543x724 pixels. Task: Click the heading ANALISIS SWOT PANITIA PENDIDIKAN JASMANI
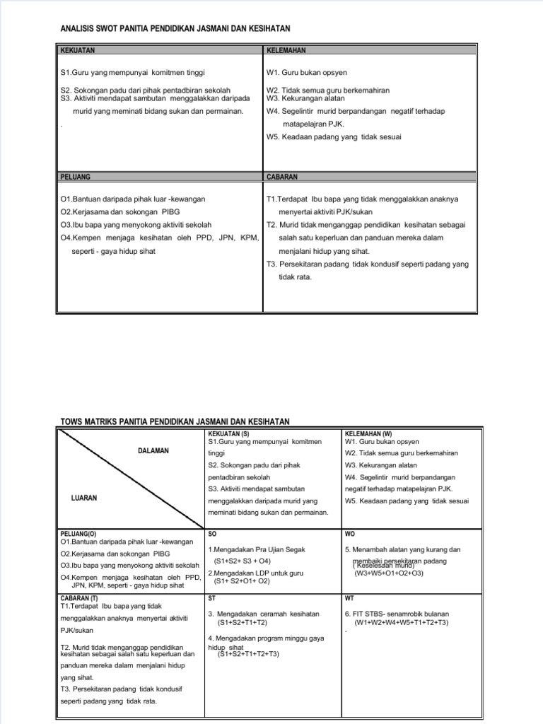point(175,28)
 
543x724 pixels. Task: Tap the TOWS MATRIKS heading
point(175,421)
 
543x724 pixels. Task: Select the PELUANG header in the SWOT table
point(76,177)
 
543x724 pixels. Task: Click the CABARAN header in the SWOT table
point(282,177)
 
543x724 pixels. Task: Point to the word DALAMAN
point(153,451)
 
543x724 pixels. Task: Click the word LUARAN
point(84,498)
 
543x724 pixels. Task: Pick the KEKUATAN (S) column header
point(229,433)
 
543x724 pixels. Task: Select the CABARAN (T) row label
point(80,598)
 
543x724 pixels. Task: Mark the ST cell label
point(212,598)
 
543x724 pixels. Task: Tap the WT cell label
point(350,598)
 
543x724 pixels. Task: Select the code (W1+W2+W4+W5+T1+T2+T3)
point(402,622)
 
